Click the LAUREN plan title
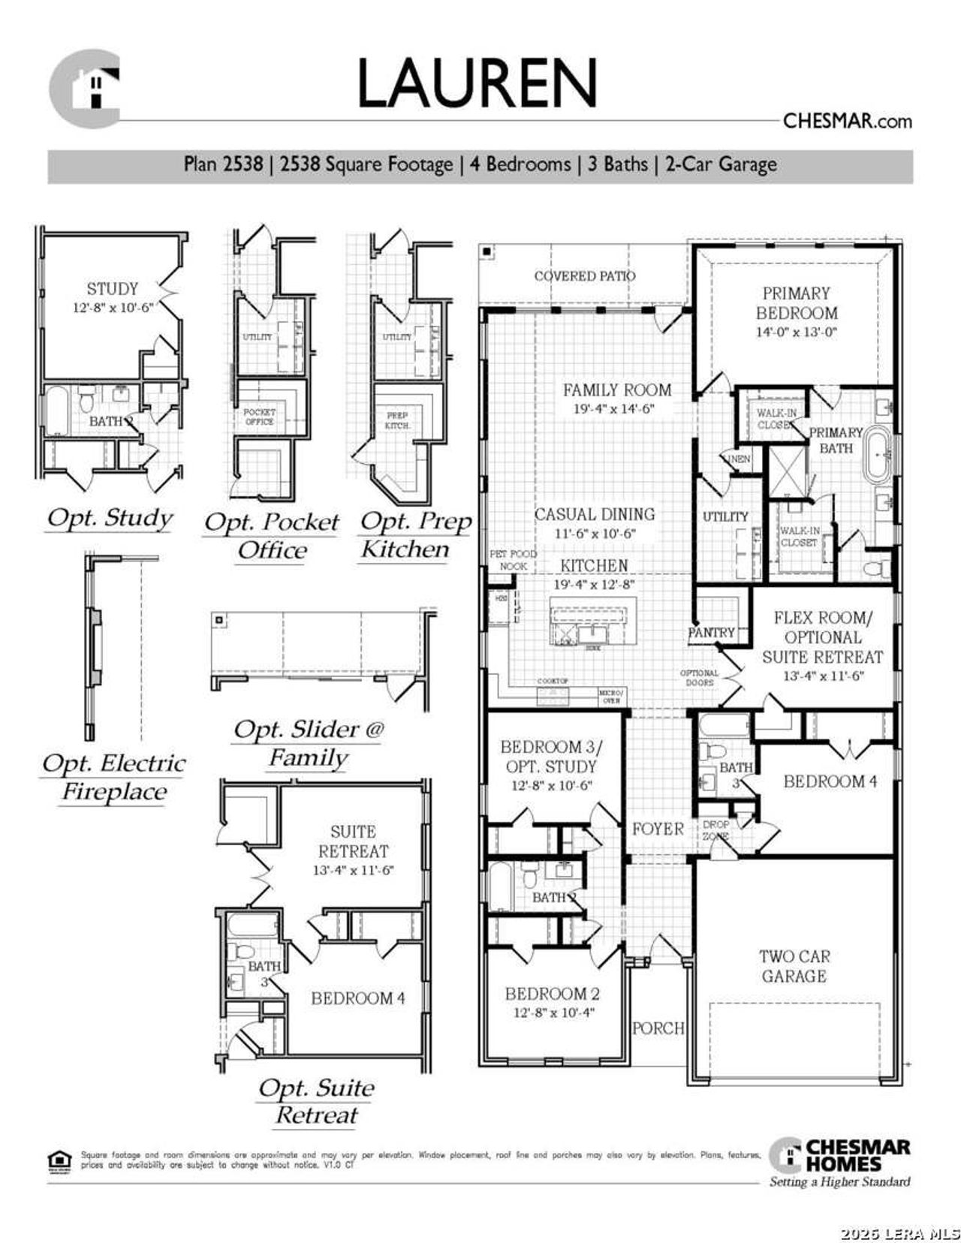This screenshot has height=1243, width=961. pyautogui.click(x=477, y=83)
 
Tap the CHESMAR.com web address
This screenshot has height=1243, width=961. pyautogui.click(x=847, y=121)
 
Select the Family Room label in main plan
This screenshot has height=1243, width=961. pyautogui.click(x=617, y=390)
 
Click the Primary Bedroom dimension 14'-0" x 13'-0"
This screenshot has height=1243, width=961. pyautogui.click(x=796, y=333)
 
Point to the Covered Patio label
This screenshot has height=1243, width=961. pyautogui.click(x=584, y=276)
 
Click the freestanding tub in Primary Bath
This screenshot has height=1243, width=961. pyautogui.click(x=875, y=455)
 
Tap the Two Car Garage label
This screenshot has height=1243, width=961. pyautogui.click(x=794, y=966)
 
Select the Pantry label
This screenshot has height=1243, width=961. pyautogui.click(x=711, y=633)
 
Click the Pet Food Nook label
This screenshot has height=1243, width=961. pyautogui.click(x=513, y=560)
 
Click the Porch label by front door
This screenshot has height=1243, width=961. pyautogui.click(x=658, y=1028)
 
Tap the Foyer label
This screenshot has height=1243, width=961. pyautogui.click(x=658, y=829)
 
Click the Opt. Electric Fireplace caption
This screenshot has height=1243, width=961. pyautogui.click(x=113, y=777)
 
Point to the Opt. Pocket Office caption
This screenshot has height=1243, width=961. pyautogui.click(x=272, y=536)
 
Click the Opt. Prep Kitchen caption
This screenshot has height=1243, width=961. pyautogui.click(x=415, y=534)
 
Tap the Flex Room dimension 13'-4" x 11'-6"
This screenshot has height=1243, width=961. pyautogui.click(x=823, y=676)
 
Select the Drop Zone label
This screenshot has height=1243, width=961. pyautogui.click(x=715, y=829)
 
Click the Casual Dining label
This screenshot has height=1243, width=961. pyautogui.click(x=595, y=514)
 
